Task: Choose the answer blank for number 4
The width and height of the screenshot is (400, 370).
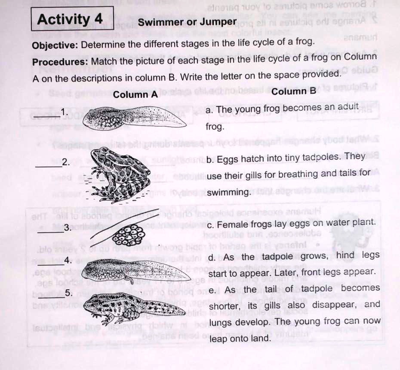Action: pyautogui.click(x=51, y=264)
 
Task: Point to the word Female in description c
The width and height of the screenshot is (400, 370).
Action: pyautogui.click(x=231, y=224)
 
